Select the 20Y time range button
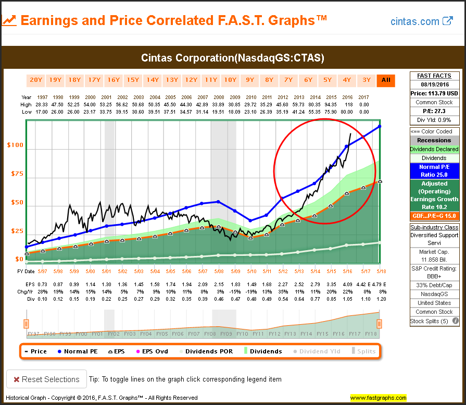point(36,80)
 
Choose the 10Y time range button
point(230,80)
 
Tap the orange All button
point(386,80)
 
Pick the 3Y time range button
point(367,80)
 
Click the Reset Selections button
point(46,379)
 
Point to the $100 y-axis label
point(15,145)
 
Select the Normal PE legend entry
point(78,351)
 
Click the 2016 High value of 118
point(347,105)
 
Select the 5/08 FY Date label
point(219,272)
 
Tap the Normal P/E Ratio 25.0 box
point(434,171)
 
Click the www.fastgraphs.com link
point(378,398)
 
